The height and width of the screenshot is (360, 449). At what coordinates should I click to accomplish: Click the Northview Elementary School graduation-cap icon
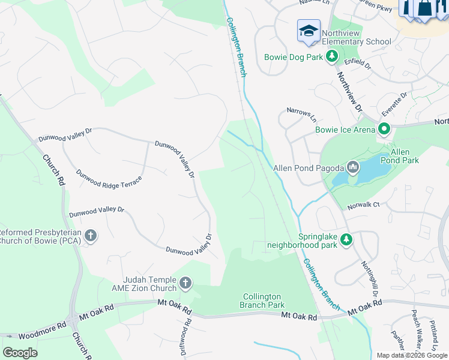(309, 31)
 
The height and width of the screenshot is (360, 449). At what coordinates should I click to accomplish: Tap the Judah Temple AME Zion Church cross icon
(185, 283)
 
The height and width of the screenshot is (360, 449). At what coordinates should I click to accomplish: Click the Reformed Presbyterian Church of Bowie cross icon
(90, 235)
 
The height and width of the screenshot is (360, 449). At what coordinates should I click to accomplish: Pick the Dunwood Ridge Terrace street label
(109, 179)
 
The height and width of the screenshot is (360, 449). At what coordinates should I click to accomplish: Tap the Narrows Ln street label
(301, 112)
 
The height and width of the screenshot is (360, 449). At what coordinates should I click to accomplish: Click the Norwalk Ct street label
(364, 206)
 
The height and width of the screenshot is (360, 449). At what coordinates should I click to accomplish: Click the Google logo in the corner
(20, 353)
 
